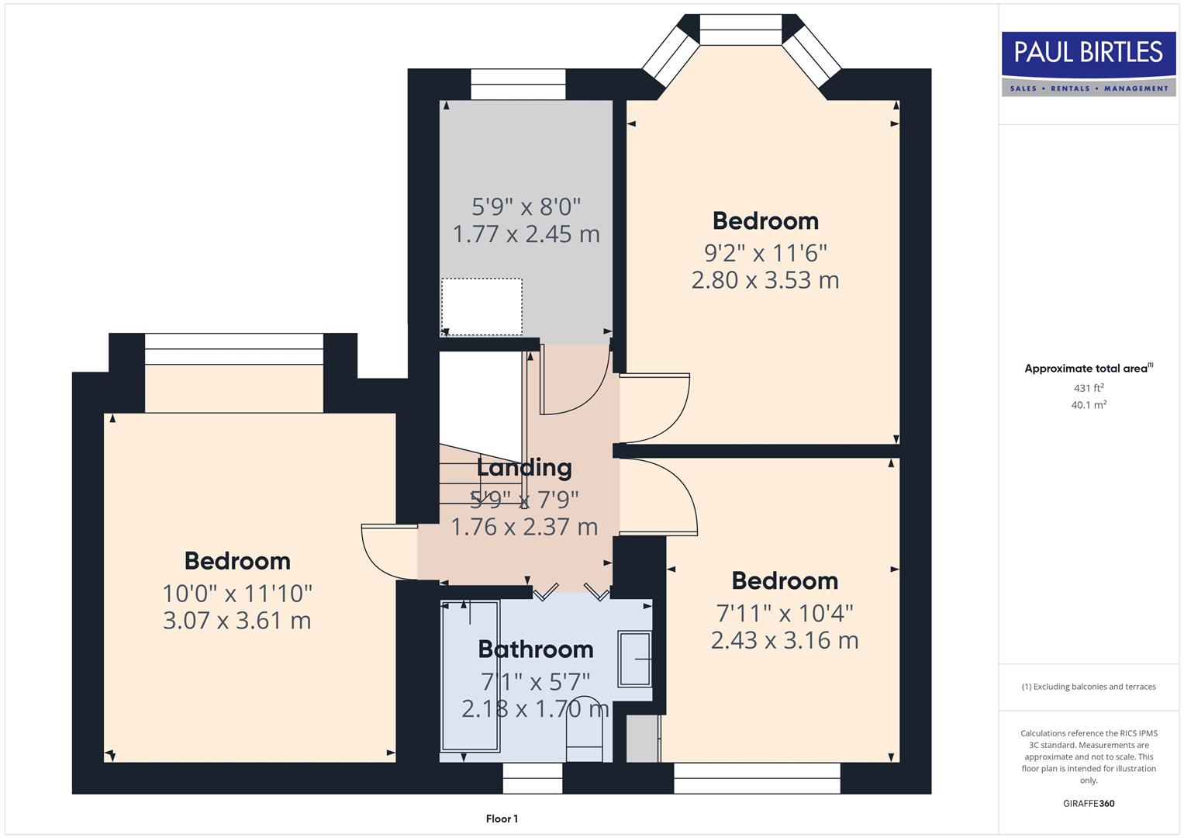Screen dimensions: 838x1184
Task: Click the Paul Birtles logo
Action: click(1089, 64)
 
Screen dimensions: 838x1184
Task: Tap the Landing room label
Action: click(524, 468)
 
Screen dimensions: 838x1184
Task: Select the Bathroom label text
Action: click(535, 649)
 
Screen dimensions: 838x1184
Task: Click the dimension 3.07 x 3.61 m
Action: click(237, 621)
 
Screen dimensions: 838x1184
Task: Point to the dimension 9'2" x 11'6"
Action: click(765, 253)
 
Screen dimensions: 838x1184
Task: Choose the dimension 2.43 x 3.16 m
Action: click(785, 640)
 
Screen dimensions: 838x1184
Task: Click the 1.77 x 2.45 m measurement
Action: click(526, 234)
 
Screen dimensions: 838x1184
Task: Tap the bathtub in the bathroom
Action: click(470, 677)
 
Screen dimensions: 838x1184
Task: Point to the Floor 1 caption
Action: click(502, 819)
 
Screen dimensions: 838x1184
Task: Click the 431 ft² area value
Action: click(1089, 388)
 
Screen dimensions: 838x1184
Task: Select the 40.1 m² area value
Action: click(1089, 405)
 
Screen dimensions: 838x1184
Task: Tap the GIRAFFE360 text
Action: click(1089, 804)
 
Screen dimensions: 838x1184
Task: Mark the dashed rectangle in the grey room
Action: click(482, 307)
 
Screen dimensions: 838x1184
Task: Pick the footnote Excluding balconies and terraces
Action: click(1089, 687)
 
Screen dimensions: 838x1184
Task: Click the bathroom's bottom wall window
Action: click(533, 778)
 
